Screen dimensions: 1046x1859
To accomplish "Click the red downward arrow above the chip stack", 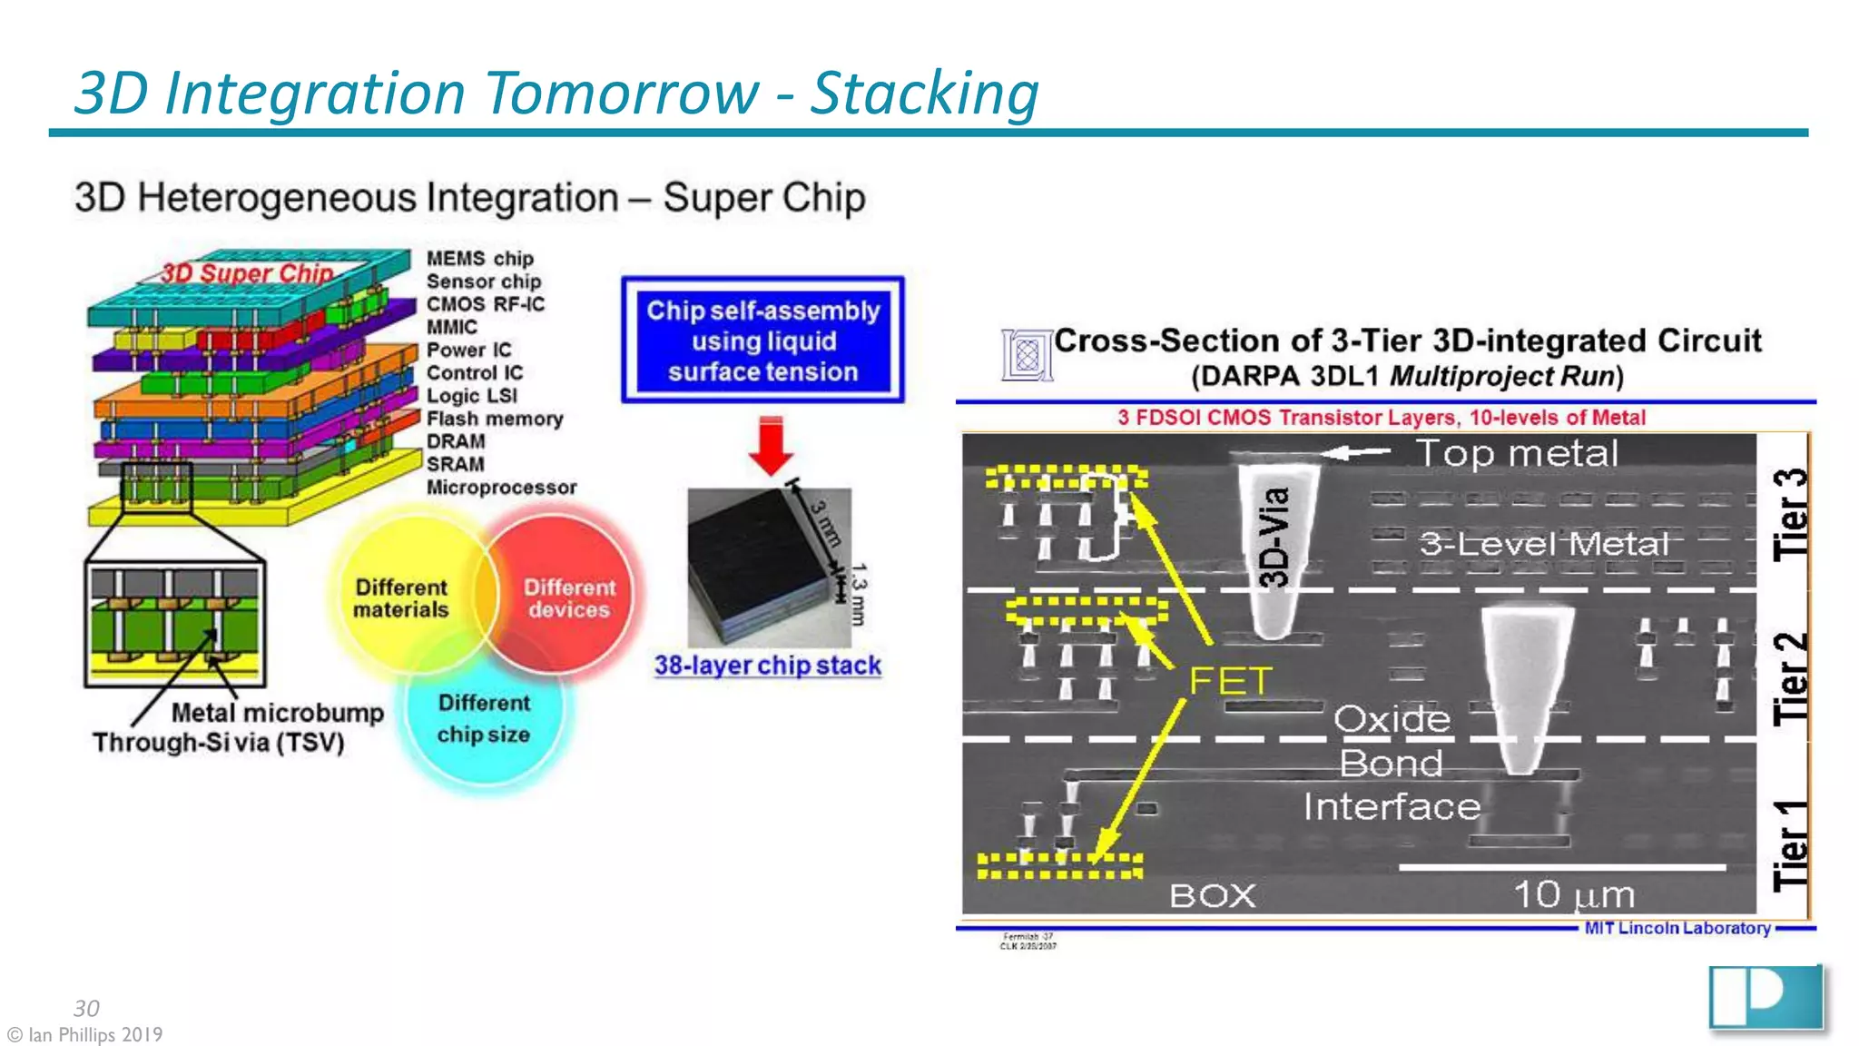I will click(x=771, y=446).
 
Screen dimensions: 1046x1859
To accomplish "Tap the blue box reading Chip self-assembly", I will click(x=762, y=340).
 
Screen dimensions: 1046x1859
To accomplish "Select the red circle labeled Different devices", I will click(x=569, y=597).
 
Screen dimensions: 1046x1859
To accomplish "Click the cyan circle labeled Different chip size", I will click(x=484, y=718).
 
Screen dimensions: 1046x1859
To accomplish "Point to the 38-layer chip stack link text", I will click(x=768, y=666).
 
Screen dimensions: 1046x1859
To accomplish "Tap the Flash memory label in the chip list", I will click(x=495, y=419).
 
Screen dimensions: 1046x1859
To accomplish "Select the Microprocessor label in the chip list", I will click(x=501, y=488).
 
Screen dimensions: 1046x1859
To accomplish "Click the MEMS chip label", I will click(x=479, y=259).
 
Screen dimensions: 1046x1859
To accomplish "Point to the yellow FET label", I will click(x=1230, y=681).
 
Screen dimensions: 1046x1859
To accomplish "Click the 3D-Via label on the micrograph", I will click(x=1275, y=538).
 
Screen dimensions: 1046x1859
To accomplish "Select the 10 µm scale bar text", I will click(x=1573, y=895).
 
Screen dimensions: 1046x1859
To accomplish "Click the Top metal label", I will click(x=1517, y=453).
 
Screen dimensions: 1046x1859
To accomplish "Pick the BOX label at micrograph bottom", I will click(x=1212, y=896).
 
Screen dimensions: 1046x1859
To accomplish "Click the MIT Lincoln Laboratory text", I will click(x=1677, y=928).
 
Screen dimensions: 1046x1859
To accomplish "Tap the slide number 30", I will click(x=86, y=1008).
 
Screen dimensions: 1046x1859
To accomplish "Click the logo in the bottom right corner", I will click(x=1765, y=998).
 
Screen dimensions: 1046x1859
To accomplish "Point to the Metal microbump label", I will click(x=278, y=713).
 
